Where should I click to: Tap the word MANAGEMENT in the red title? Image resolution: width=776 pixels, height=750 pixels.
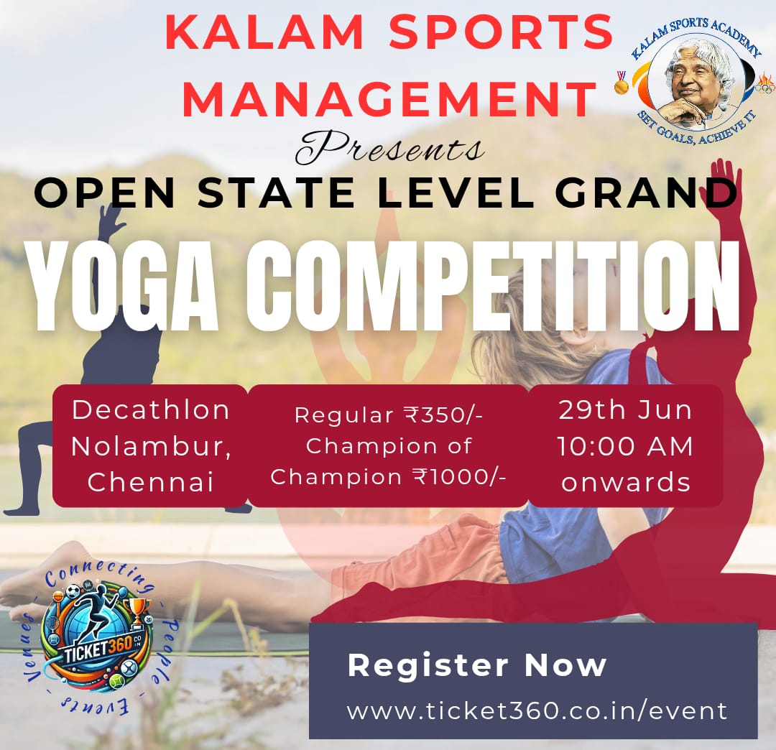click(389, 98)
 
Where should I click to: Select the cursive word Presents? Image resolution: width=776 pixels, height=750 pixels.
click(389, 148)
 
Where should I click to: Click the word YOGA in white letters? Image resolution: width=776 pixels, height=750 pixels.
click(124, 287)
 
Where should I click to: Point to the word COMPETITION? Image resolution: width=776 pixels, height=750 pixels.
click(494, 287)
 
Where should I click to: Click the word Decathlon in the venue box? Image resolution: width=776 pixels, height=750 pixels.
click(150, 410)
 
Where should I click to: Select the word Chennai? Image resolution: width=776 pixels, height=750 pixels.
click(150, 482)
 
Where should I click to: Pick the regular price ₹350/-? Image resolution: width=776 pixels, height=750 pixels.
click(443, 415)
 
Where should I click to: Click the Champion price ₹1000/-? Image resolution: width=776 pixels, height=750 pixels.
click(459, 477)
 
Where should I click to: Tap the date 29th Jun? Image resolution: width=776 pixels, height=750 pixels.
click(625, 410)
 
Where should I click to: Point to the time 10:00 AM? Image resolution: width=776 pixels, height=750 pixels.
click(625, 446)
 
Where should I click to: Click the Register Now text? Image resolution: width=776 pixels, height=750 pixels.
click(477, 665)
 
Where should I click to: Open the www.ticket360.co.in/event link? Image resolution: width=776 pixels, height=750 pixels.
click(537, 711)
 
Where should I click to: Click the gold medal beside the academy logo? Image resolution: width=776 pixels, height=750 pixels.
click(621, 83)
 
